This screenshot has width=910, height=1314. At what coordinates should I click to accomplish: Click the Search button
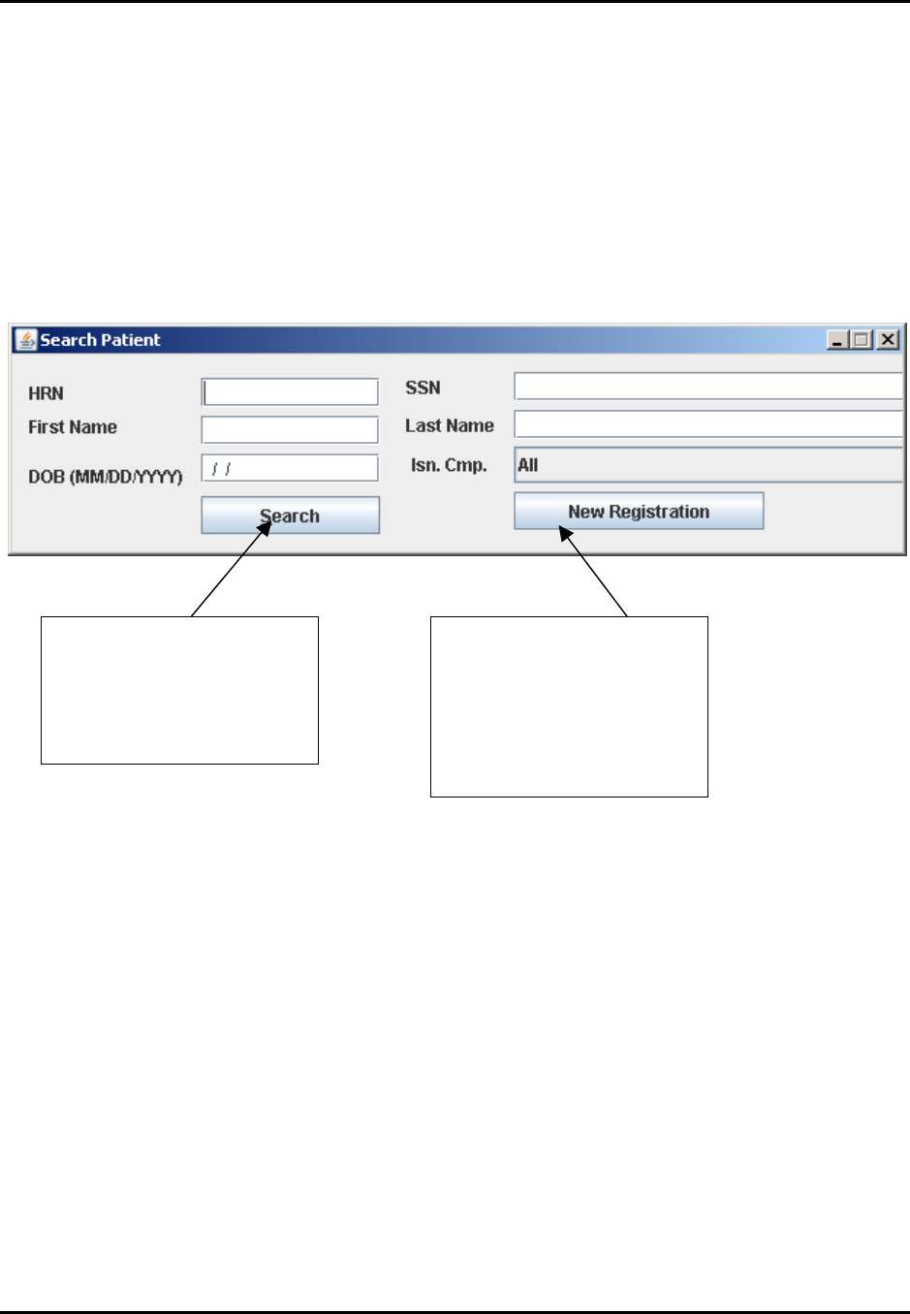(290, 516)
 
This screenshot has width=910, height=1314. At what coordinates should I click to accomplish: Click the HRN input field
(290, 391)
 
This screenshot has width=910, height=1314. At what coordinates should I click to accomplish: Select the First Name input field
(290, 429)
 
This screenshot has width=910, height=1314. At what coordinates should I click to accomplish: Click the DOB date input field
(290, 468)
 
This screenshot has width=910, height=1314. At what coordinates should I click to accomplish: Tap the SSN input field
(707, 387)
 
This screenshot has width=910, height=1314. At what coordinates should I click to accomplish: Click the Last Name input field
(707, 424)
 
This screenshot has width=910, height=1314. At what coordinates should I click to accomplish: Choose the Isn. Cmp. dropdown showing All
(707, 465)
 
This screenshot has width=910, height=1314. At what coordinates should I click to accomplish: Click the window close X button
(888, 340)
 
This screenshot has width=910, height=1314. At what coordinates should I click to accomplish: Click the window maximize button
(862, 340)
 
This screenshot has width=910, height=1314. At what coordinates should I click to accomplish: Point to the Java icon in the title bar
(25, 340)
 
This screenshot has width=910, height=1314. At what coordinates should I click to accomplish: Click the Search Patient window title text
(100, 340)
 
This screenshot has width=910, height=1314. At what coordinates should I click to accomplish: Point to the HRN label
(46, 393)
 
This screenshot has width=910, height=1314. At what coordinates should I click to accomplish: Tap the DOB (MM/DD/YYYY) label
(105, 477)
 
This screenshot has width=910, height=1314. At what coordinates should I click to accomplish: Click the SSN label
(423, 388)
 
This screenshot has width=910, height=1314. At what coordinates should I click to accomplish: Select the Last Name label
(449, 425)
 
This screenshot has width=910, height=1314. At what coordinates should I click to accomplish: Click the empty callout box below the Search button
(179, 690)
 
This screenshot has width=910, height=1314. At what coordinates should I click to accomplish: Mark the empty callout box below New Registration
(569, 706)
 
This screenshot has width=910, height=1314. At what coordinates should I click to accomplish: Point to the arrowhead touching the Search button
(265, 526)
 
